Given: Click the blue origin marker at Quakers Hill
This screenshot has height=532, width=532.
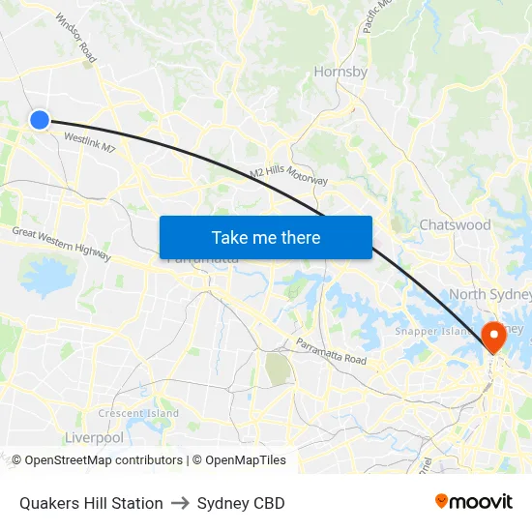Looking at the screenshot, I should [x=39, y=120].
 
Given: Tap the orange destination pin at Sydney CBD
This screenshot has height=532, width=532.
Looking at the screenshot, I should [x=493, y=335].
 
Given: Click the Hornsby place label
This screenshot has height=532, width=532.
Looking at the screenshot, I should [x=340, y=72].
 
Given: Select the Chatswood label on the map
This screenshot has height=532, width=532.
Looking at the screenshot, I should [x=455, y=224].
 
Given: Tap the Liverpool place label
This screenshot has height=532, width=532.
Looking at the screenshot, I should [x=94, y=437].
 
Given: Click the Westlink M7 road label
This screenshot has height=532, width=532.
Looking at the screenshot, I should [x=89, y=143].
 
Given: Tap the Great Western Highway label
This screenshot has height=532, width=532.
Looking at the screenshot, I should [x=61, y=244].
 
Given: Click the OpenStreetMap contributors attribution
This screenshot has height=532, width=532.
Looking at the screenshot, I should [x=97, y=460].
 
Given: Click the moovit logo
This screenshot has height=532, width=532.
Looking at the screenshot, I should [x=473, y=502].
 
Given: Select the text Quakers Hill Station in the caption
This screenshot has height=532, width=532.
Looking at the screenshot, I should [x=91, y=503].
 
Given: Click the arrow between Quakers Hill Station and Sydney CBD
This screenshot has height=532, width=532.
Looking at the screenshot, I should [x=180, y=503].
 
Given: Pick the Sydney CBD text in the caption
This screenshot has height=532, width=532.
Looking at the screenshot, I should [x=241, y=503].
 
